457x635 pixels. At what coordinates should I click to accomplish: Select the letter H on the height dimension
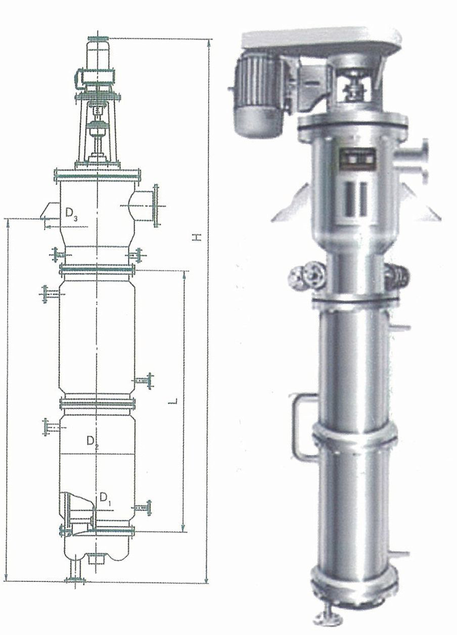coord(196,237)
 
